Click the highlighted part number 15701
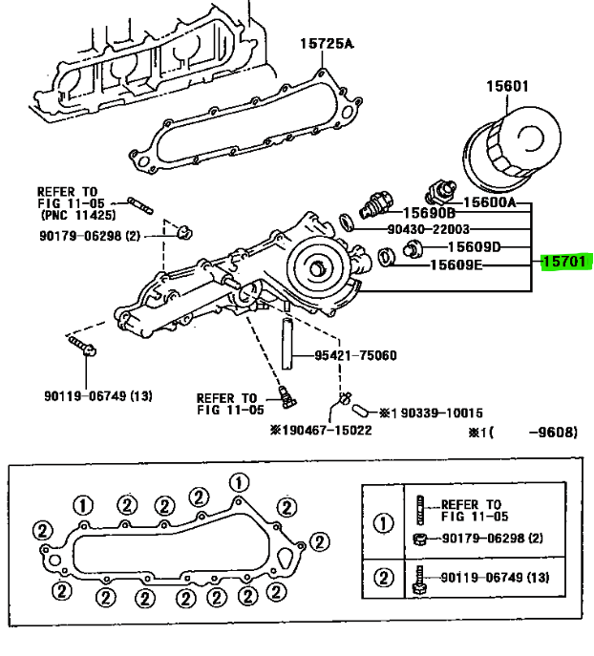(x=564, y=261)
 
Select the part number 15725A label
(x=327, y=42)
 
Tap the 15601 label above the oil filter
(x=506, y=87)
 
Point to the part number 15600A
(x=489, y=203)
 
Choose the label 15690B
(x=428, y=213)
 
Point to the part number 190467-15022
(x=320, y=430)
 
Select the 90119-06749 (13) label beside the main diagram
(x=97, y=395)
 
